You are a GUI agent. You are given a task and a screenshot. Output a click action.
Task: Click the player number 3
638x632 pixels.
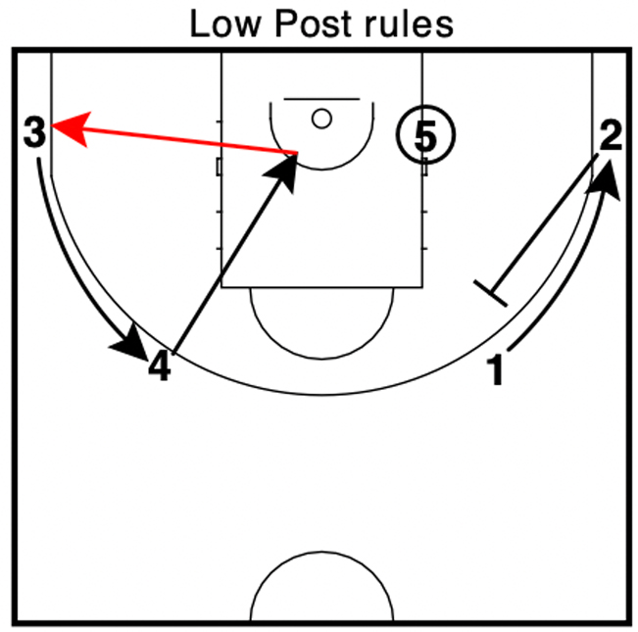pyautogui.click(x=34, y=131)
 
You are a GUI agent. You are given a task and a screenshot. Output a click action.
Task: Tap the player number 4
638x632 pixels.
pyautogui.click(x=159, y=367)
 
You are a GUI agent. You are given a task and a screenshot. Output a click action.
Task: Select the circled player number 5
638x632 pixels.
pyautogui.click(x=423, y=136)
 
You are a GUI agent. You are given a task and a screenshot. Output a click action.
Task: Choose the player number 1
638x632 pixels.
pyautogui.click(x=498, y=370)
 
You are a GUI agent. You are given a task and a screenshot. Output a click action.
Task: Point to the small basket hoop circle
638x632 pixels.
pyautogui.click(x=321, y=119)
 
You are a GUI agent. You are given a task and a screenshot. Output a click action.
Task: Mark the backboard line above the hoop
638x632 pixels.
pyautogui.click(x=321, y=99)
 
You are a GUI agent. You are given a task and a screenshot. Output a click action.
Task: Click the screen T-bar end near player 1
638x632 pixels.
pyautogui.click(x=490, y=292)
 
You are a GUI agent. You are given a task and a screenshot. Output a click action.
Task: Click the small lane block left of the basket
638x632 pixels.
pyautogui.click(x=219, y=167)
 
